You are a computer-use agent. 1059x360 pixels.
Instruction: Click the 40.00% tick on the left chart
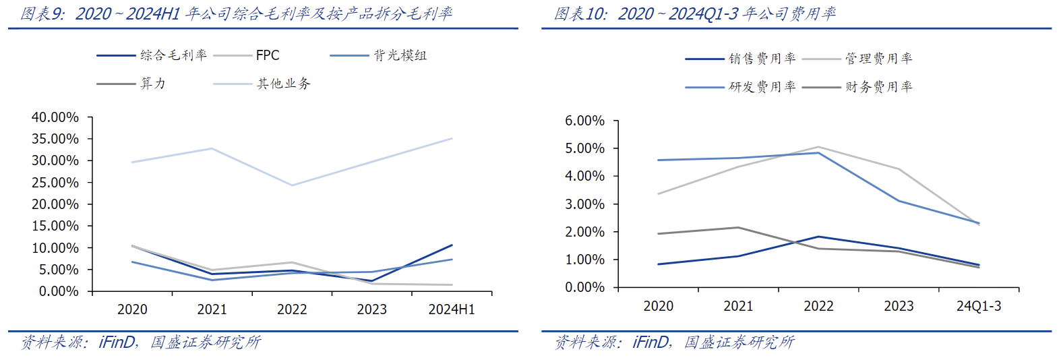pos(55,117)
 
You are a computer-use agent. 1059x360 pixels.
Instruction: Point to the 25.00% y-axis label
pos(55,183)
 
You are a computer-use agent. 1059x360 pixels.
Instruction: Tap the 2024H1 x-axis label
pos(452,309)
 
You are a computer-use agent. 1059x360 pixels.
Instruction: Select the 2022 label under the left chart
pos(292,309)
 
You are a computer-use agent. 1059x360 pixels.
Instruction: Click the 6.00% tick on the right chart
pos(584,121)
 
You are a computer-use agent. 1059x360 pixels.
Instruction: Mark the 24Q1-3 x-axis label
pos(979,306)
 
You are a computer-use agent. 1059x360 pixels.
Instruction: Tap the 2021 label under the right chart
pos(738,306)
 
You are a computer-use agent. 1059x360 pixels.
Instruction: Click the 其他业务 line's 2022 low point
pos(292,185)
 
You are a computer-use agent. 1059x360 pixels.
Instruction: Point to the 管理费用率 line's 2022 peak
pos(818,147)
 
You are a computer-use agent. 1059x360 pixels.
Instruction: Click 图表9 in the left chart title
pos(42,13)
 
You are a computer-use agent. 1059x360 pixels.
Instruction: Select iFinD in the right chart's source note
pos(650,342)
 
